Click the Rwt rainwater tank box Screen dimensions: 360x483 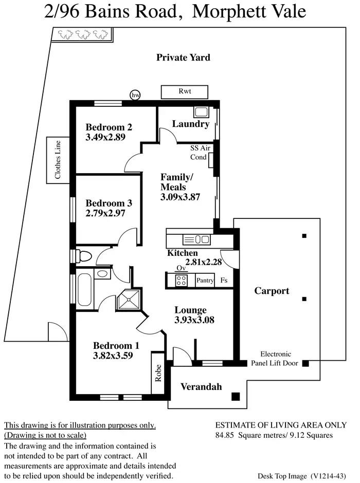(x=185, y=91)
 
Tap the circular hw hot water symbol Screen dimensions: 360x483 (x=136, y=95)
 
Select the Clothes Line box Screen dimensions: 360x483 (x=58, y=159)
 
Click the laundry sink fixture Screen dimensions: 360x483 (x=201, y=112)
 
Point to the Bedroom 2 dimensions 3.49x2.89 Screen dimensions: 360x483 (x=106, y=137)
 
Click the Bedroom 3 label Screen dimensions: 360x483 (x=105, y=203)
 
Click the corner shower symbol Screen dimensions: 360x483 (x=129, y=300)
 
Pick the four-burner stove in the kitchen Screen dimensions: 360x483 (x=182, y=280)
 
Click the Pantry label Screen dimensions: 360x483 (x=205, y=281)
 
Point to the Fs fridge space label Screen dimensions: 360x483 (x=224, y=281)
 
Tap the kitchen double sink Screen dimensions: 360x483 (x=196, y=239)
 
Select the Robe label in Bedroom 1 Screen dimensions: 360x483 (x=158, y=372)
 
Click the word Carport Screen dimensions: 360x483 (x=272, y=291)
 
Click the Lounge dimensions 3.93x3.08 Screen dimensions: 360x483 (x=194, y=320)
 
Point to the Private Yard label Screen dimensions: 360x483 (x=183, y=58)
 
